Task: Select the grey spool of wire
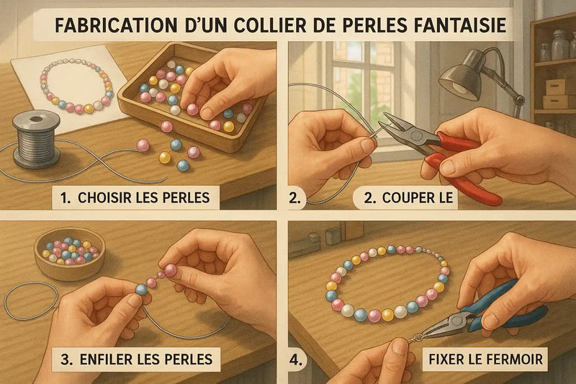pyautogui.click(x=36, y=139)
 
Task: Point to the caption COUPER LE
pyautogui.click(x=408, y=197)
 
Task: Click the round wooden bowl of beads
pyautogui.click(x=70, y=252)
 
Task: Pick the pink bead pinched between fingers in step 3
pyautogui.click(x=171, y=271)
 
